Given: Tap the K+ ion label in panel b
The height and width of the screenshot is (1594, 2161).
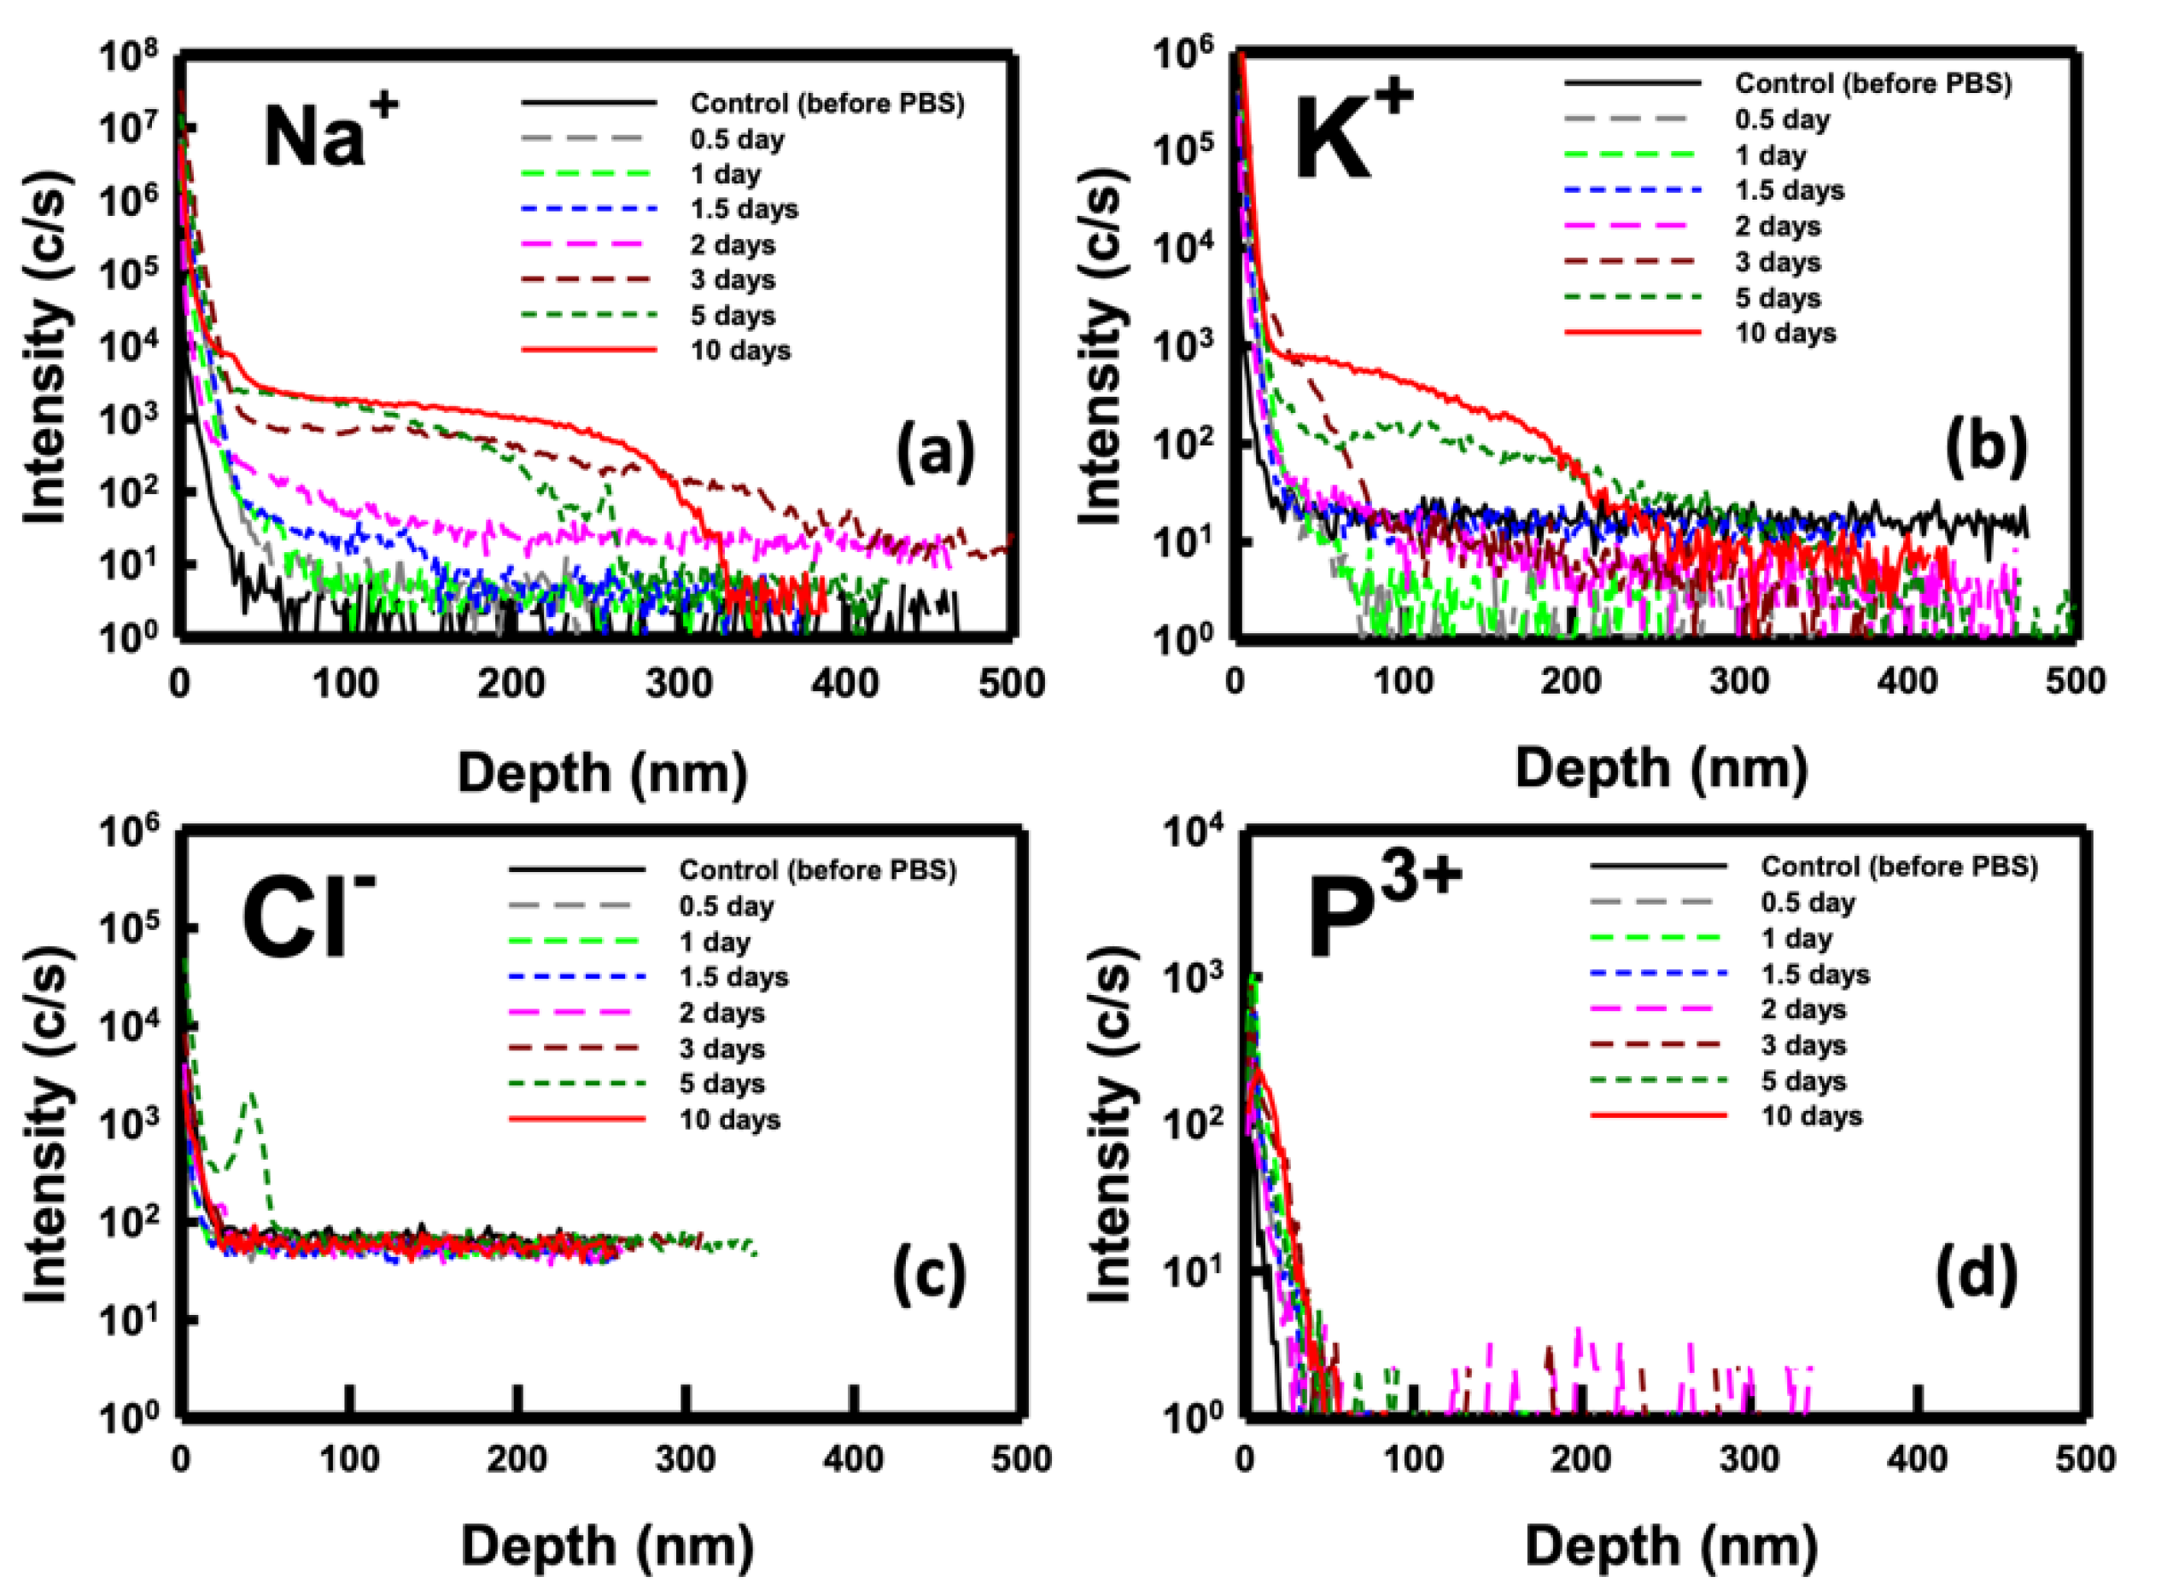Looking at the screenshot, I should point(1352,135).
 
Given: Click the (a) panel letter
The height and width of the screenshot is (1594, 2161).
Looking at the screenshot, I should point(934,451).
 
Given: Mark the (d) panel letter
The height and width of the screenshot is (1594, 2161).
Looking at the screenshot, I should point(1976,1275).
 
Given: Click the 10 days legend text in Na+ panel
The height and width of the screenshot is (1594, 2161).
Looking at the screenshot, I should point(739,350).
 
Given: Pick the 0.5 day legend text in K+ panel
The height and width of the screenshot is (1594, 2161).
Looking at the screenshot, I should point(1782,119).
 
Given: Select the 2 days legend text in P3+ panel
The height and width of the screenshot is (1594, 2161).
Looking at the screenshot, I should point(1803,1009).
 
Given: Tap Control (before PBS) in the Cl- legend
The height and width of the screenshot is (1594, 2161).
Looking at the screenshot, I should point(816,870).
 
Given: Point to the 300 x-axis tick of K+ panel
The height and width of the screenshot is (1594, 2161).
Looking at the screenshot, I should point(1738,682).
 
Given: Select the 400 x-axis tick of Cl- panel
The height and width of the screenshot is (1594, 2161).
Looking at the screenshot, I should point(853,1458).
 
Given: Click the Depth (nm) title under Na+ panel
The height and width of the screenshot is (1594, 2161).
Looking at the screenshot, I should point(601,773).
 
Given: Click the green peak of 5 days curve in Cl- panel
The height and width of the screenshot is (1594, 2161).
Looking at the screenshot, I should point(253,1095).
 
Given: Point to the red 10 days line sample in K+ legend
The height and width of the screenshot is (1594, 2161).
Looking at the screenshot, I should point(1631,333).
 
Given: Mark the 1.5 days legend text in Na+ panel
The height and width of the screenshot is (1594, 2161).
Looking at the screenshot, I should point(743,209).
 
